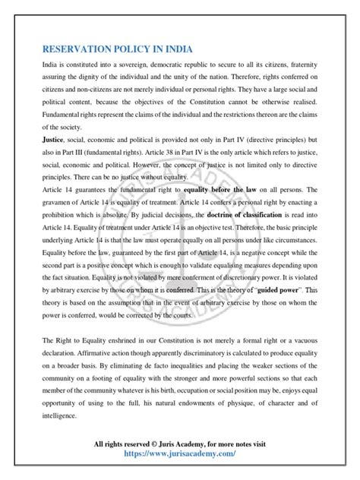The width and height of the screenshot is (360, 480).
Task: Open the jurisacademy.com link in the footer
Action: [x=180, y=453]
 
